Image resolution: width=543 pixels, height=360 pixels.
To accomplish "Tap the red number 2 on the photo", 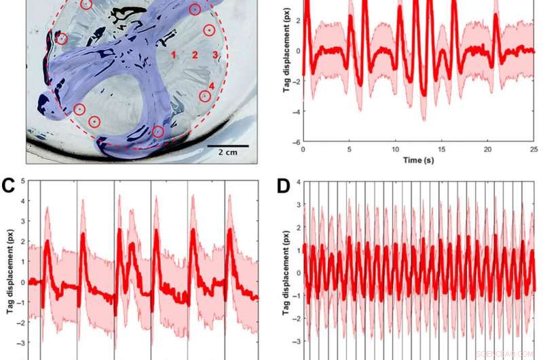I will tap(194, 54).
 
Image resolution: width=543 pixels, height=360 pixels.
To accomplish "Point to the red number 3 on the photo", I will tap(214, 54).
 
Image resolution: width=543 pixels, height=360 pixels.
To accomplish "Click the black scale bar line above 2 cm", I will tap(228, 145).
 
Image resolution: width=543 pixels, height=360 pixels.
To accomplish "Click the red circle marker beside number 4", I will tap(205, 96).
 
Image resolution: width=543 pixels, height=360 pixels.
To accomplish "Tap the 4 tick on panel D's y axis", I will tap(297, 183).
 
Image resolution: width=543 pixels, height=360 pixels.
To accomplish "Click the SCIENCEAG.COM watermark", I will tap(505, 353).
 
